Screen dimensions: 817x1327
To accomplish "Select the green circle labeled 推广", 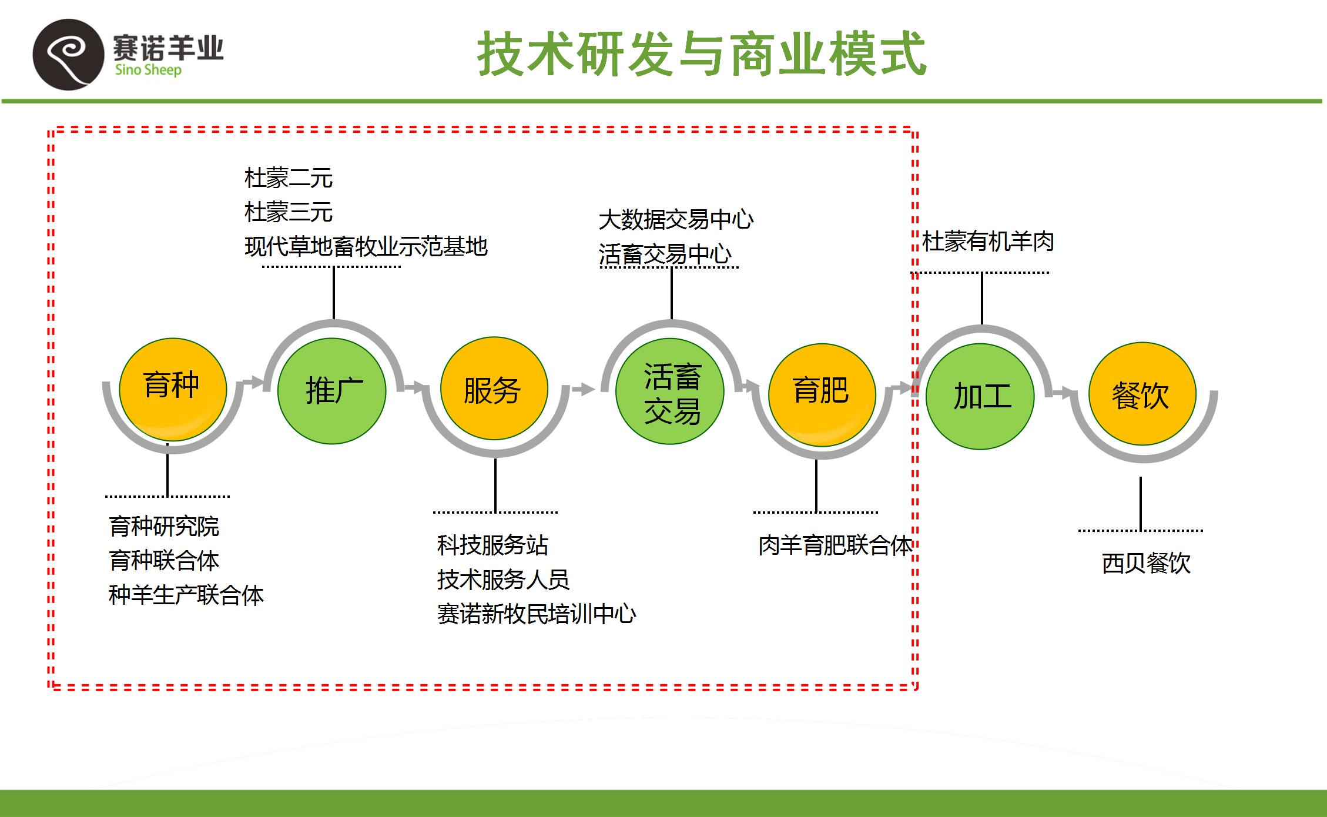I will click(x=331, y=391).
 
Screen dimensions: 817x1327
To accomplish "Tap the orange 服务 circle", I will click(x=494, y=389).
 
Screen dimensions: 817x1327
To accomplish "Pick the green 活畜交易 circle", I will click(x=669, y=391).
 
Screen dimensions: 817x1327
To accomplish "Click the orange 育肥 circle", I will click(x=822, y=394).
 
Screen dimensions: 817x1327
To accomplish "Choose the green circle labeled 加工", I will click(x=980, y=396).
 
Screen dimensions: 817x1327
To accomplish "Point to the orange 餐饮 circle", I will click(x=1142, y=394).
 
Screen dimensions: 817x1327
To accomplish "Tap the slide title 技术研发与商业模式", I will click(x=702, y=54).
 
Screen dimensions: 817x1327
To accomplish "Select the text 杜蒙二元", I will click(x=289, y=178).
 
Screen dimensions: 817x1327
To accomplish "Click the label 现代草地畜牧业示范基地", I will click(x=366, y=246).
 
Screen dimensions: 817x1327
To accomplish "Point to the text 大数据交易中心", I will click(x=676, y=220).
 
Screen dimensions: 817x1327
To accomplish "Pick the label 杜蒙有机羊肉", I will click(x=987, y=241).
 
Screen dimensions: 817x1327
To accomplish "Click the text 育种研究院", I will click(x=164, y=526).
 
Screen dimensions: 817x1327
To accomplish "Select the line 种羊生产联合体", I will click(x=186, y=595).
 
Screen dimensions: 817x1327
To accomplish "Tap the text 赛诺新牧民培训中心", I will click(x=536, y=614).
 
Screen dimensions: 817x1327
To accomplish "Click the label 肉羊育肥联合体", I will click(x=835, y=545).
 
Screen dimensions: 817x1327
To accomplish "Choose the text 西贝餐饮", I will click(x=1146, y=563).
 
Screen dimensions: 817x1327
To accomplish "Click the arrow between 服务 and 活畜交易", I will click(x=582, y=389).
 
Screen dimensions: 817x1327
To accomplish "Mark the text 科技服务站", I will click(x=492, y=545).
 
